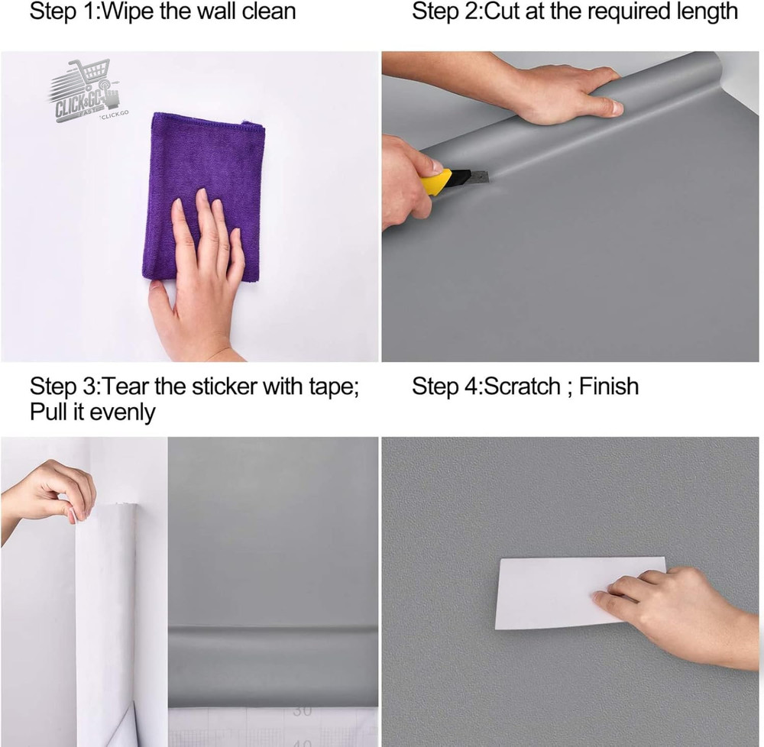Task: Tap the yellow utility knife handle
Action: [x=436, y=183]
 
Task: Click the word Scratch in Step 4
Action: [x=523, y=386]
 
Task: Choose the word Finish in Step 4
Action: [x=608, y=386]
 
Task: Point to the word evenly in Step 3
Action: [x=122, y=413]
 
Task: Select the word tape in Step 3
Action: [x=331, y=386]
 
